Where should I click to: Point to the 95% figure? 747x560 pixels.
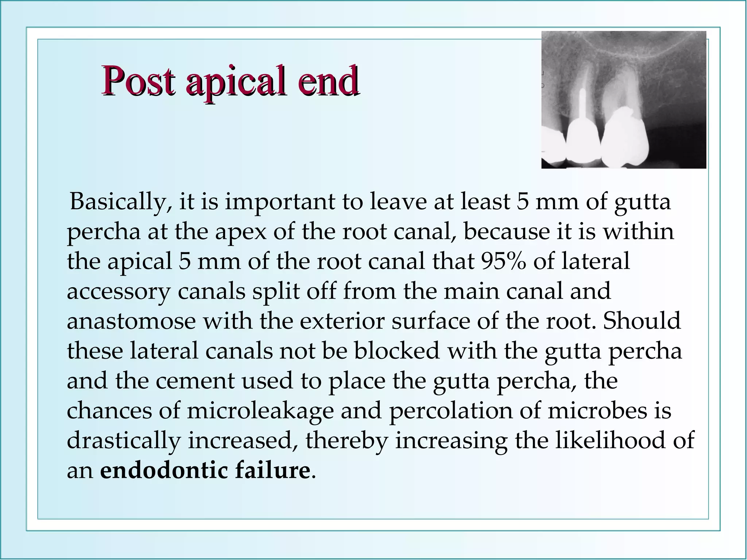(x=503, y=261)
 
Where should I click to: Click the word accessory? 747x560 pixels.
(x=119, y=291)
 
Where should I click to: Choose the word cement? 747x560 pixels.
(x=195, y=381)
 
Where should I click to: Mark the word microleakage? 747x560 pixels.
(x=260, y=411)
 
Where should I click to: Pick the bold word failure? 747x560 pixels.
(x=273, y=470)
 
